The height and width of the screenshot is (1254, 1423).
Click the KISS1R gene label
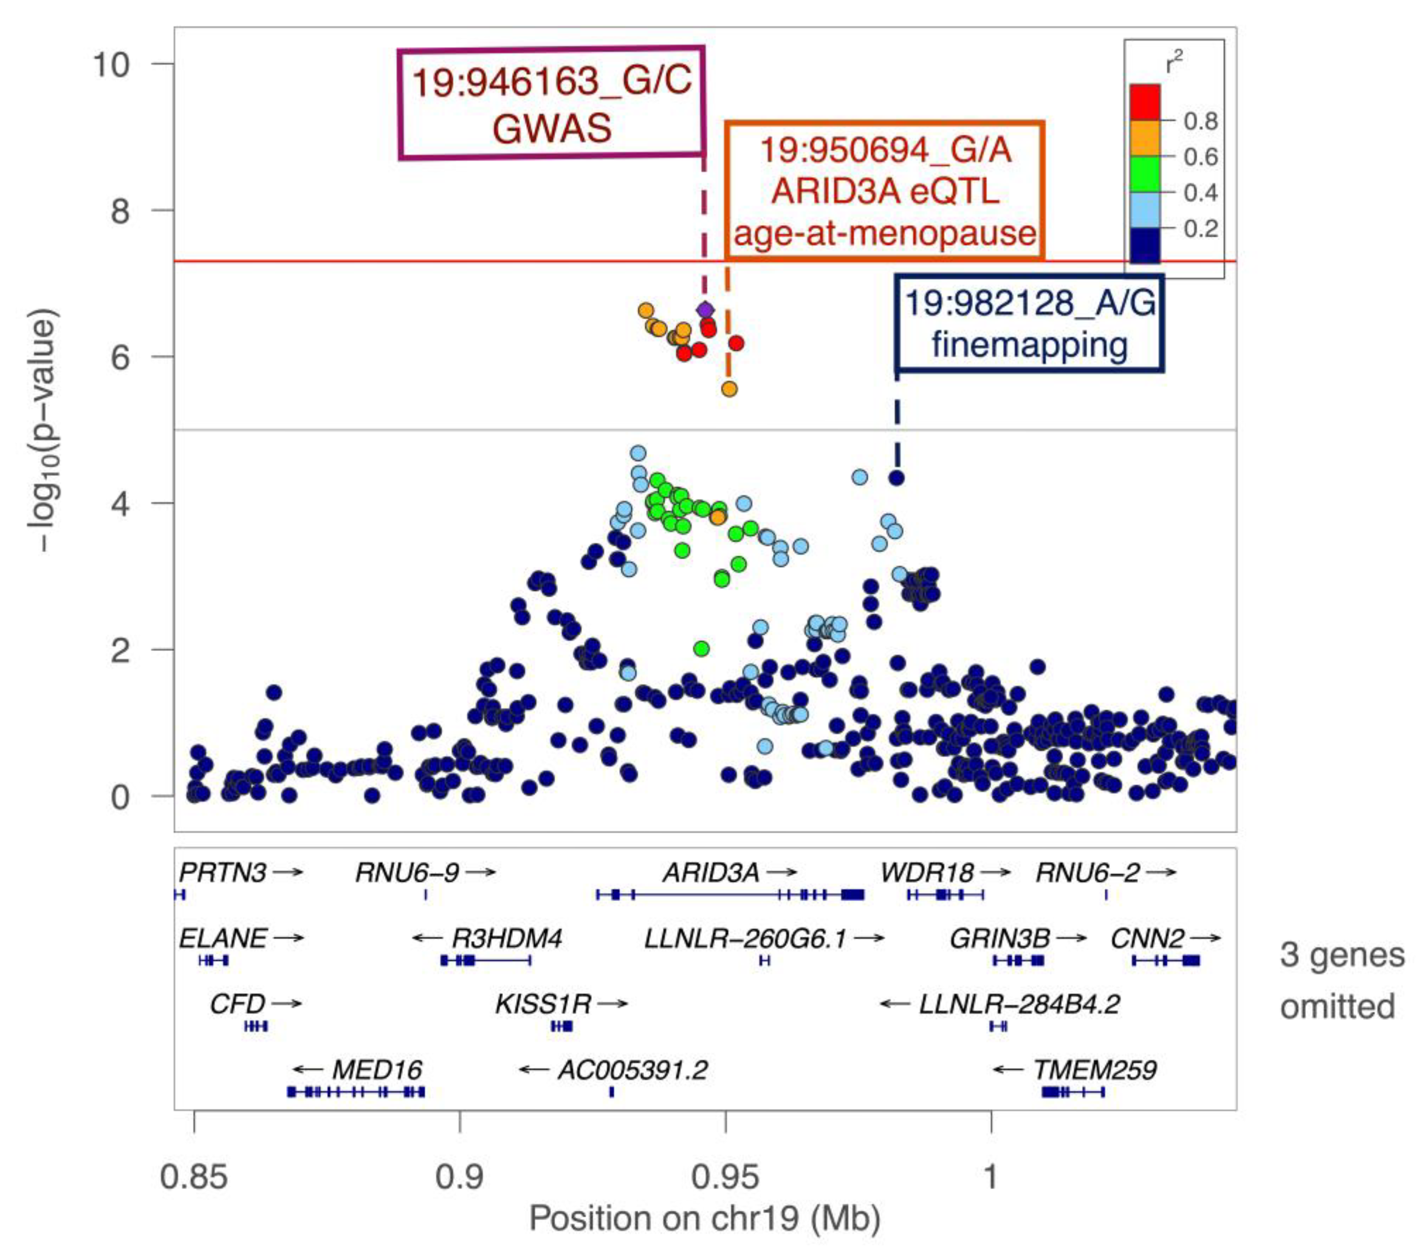pos(542,1004)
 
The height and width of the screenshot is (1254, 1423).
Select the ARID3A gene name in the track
pos(711,872)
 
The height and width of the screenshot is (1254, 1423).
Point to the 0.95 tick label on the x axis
pos(725,1177)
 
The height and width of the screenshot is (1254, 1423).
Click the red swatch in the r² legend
pos(1145,102)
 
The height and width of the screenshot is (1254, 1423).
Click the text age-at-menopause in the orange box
pos(884,233)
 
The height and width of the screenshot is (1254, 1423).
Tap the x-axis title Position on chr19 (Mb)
pos(705,1218)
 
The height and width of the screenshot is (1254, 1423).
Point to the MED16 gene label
pos(377,1070)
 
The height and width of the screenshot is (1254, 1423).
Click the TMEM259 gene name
pos(1095,1070)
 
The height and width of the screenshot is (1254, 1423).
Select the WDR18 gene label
pos(927,872)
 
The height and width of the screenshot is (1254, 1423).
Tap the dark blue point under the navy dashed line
pos(897,478)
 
